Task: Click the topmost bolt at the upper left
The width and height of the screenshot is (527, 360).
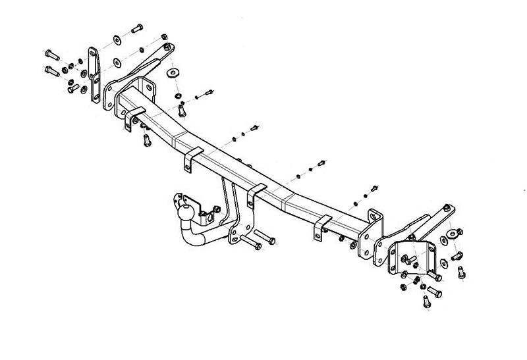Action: click(x=136, y=29)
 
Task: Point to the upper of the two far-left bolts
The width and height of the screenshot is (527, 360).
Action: click(x=51, y=53)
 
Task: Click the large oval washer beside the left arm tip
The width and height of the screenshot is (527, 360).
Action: click(x=175, y=71)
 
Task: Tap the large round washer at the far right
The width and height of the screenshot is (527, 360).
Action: click(x=454, y=232)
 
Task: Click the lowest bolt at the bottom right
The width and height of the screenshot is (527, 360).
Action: click(x=425, y=302)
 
